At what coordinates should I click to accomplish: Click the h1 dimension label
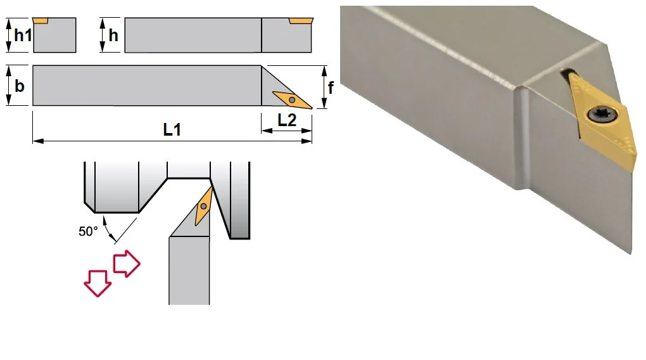point(23,35)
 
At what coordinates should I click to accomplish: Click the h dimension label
point(113,35)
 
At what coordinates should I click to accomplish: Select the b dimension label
point(20,86)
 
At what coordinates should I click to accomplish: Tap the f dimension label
point(331,87)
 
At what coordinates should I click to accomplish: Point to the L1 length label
point(172,130)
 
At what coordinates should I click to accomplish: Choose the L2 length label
point(287,120)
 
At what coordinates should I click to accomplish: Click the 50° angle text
point(88,231)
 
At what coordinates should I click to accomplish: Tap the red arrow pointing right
point(127,264)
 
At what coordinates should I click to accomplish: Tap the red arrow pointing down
point(98,283)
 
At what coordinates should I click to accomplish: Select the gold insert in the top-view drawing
point(292,100)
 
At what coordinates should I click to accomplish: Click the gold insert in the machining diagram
point(203,206)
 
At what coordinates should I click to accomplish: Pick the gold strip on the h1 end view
point(41,21)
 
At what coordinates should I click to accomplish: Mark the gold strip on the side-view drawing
point(301,21)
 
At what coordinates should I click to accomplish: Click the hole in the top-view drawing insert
point(292,100)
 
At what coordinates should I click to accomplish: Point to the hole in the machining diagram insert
point(203,206)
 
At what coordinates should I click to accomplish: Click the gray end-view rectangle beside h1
point(54,35)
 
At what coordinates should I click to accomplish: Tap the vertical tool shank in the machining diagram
point(189,270)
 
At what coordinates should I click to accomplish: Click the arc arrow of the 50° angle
point(108,228)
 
